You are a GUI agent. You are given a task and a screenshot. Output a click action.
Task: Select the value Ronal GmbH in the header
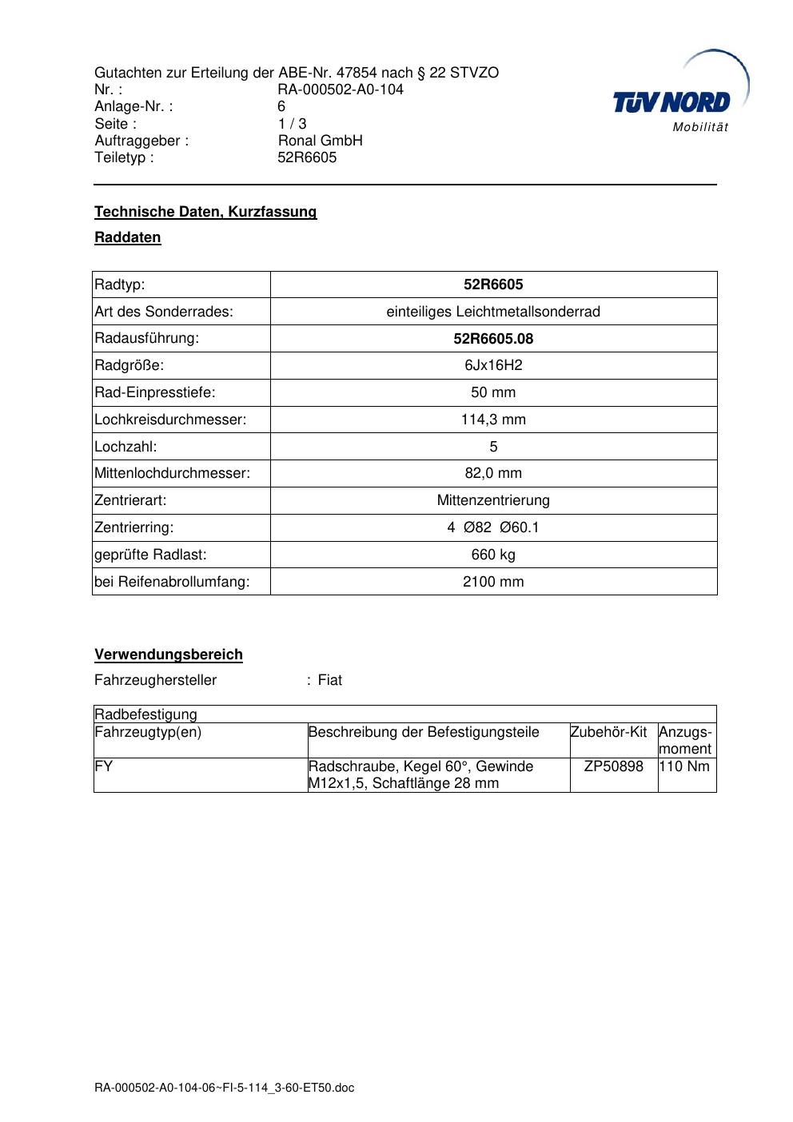[320, 141]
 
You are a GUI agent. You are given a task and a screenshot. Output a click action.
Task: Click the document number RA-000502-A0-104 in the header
[341, 90]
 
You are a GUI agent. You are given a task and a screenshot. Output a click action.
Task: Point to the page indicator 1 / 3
[292, 124]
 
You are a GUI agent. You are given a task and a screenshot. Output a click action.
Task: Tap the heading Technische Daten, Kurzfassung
[205, 212]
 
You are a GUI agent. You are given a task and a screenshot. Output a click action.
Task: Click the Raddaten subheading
[128, 237]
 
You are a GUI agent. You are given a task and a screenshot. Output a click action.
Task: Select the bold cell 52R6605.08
[493, 339]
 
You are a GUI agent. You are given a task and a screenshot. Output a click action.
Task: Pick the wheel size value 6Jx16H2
[493, 366]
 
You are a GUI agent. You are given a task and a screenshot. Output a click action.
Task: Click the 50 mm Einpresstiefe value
[493, 392]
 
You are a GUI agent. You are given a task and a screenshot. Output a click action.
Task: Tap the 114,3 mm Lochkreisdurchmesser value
[493, 420]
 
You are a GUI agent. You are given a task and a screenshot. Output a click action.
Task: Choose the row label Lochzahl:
[126, 447]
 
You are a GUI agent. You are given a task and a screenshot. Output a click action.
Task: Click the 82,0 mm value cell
[493, 473]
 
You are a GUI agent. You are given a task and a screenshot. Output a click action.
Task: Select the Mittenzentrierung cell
[493, 500]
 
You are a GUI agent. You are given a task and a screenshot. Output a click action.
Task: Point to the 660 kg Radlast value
[493, 555]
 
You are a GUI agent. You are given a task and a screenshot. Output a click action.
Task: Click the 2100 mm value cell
[493, 582]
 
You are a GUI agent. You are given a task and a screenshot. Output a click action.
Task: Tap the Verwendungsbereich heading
[169, 654]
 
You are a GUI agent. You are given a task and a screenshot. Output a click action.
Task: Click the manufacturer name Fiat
[330, 680]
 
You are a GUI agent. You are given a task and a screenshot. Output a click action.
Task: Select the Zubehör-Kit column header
[608, 732]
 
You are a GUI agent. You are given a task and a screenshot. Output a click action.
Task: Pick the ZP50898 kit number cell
[613, 766]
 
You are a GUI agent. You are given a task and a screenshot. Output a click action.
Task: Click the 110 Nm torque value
[684, 766]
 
